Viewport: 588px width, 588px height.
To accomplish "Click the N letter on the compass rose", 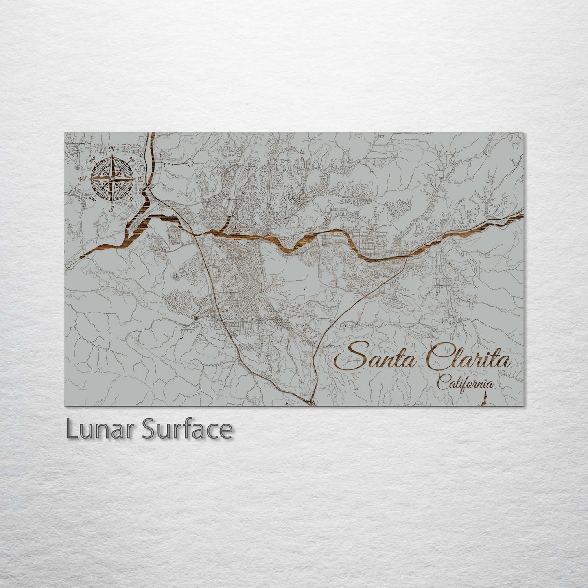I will click(112, 148).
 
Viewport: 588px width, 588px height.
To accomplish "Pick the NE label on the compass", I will click(131, 160).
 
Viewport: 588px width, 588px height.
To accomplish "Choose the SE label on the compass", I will click(131, 199).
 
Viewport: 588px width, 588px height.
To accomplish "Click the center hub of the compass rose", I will click(111, 179).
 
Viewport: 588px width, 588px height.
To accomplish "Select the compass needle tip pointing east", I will click(135, 179).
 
